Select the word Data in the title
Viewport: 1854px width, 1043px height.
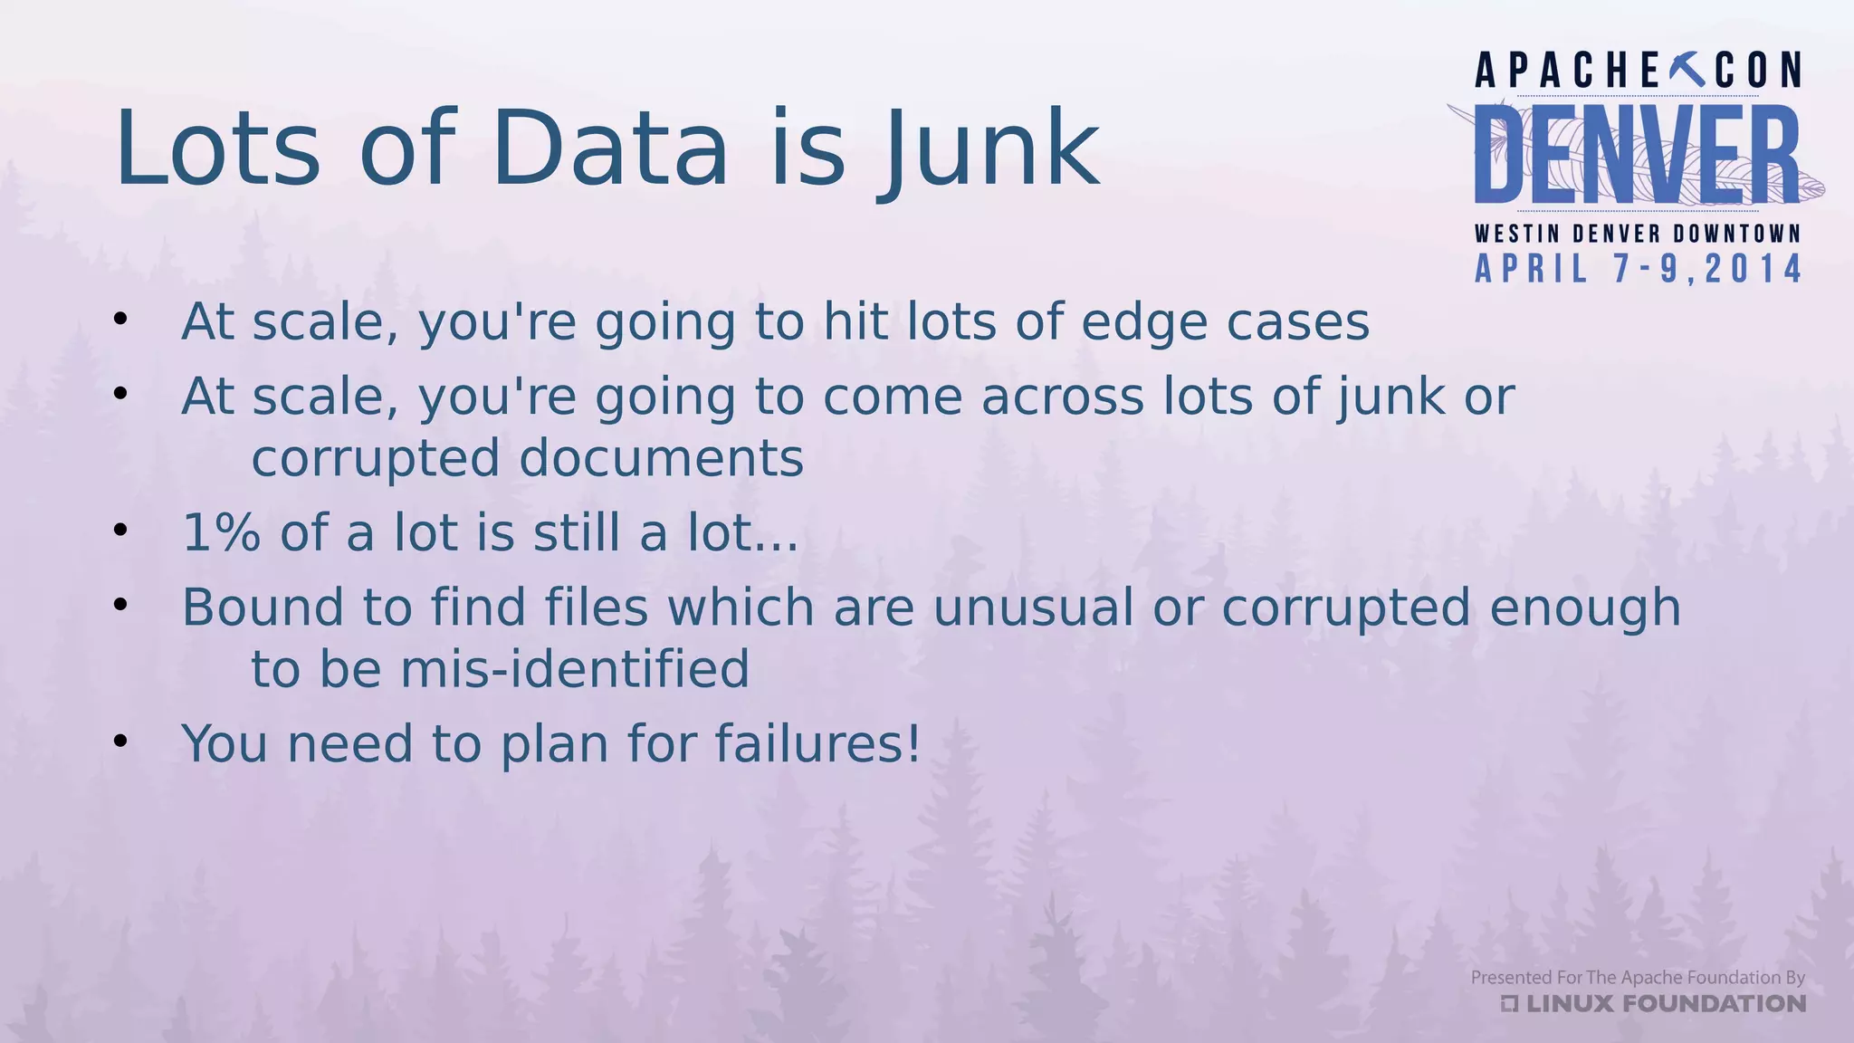pyautogui.click(x=610, y=149)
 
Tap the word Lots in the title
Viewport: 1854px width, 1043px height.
pyautogui.click(x=217, y=149)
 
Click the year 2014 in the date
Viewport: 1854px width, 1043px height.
pyautogui.click(x=1754, y=269)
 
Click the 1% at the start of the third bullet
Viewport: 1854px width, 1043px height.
pyautogui.click(x=222, y=532)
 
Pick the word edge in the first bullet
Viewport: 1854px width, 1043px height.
pyautogui.click(x=1143, y=322)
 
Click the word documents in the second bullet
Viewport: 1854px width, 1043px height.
pyautogui.click(x=661, y=458)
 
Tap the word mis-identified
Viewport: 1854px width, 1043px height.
pyautogui.click(x=575, y=669)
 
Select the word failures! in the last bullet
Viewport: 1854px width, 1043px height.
pyautogui.click(x=817, y=743)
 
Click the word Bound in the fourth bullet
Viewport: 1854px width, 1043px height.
pyautogui.click(x=263, y=607)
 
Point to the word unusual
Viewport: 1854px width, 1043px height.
pyautogui.click(x=1032, y=607)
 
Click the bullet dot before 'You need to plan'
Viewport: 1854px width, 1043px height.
pyautogui.click(x=120, y=742)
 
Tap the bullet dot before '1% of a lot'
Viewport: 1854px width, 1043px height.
pyautogui.click(x=120, y=531)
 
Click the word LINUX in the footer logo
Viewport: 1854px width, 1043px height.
pyautogui.click(x=1570, y=1003)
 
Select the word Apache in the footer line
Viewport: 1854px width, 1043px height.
pyautogui.click(x=1651, y=978)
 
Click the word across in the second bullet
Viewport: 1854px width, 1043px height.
pyautogui.click(x=1062, y=397)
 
